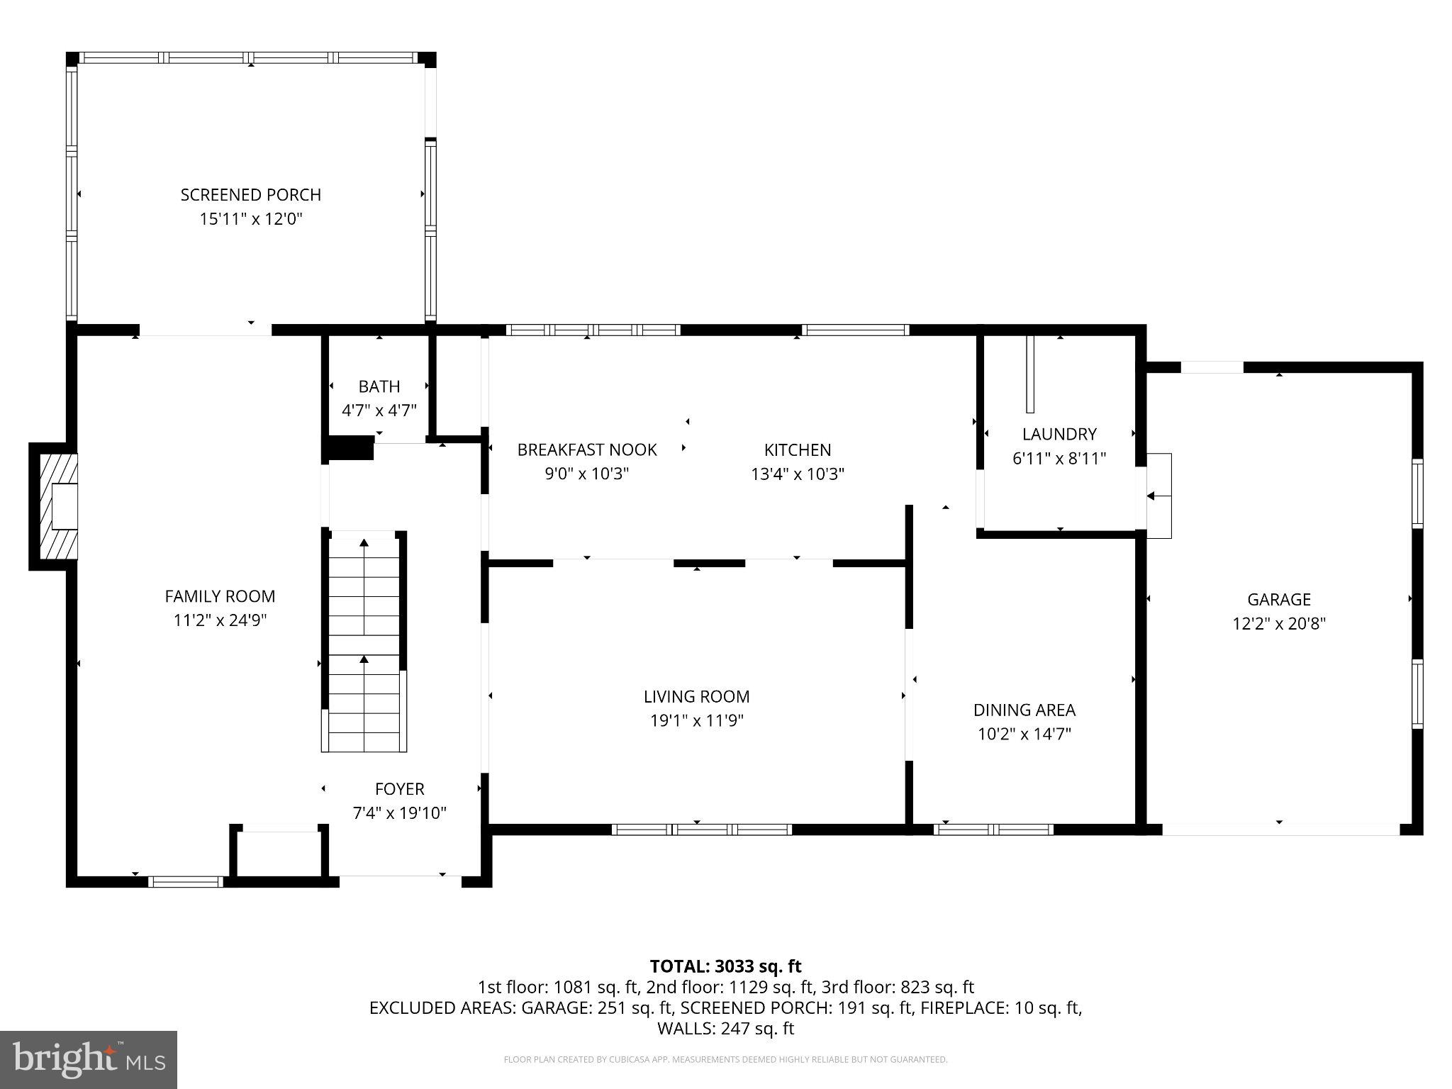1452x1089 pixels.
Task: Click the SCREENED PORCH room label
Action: [x=250, y=195]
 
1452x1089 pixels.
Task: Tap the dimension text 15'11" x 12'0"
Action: [x=250, y=219]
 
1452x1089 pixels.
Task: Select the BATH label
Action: [x=379, y=386]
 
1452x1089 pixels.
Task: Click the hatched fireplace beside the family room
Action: [x=54, y=506]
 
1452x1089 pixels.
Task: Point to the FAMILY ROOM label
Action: [x=220, y=596]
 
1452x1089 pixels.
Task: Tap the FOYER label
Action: [x=399, y=789]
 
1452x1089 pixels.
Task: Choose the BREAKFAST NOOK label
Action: [x=586, y=449]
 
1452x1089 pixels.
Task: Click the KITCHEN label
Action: [x=797, y=449]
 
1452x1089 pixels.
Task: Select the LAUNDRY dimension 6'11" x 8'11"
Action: [x=1059, y=459]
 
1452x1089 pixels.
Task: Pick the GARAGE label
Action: [x=1278, y=600]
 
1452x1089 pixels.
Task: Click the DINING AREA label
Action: [x=1024, y=710]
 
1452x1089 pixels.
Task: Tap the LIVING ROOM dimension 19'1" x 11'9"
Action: [x=696, y=721]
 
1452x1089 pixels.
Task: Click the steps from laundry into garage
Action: [x=1159, y=496]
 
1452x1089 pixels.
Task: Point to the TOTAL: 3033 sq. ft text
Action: [x=725, y=966]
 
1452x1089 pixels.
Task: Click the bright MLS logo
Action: [x=89, y=1059]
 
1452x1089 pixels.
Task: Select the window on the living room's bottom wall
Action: [x=701, y=830]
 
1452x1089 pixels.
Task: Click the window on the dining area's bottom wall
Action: [x=993, y=830]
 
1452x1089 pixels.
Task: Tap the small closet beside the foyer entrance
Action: [x=279, y=854]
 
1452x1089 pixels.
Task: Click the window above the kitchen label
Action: [x=854, y=330]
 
